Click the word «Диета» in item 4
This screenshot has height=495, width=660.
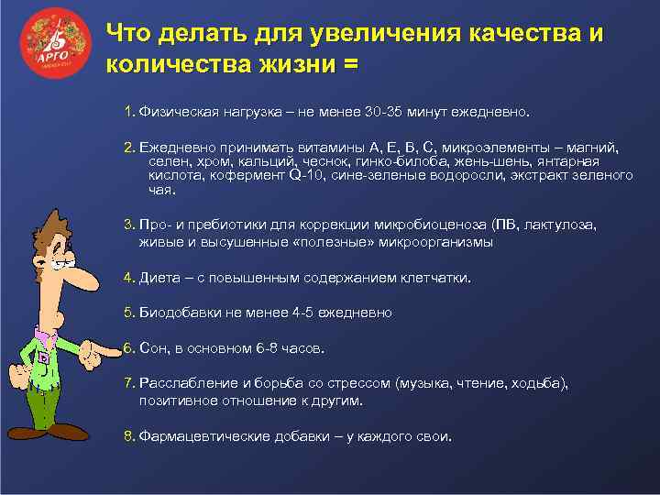(159, 277)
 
